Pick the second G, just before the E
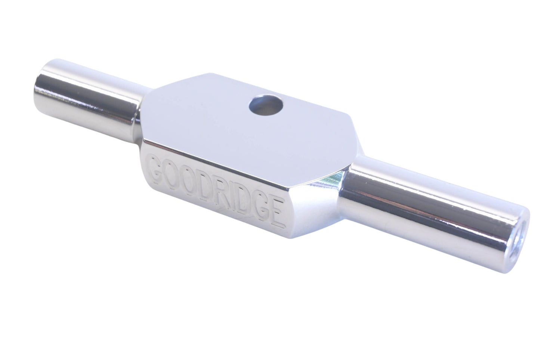coord(263,207)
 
